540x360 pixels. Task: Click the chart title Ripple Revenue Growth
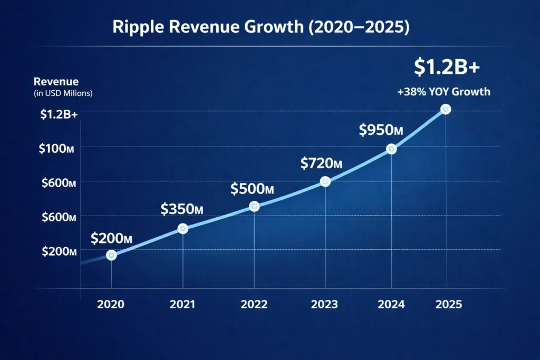coord(261,28)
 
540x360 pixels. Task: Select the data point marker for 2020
coord(111,255)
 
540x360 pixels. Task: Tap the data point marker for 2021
coord(183,229)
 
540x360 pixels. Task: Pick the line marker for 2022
coord(254,207)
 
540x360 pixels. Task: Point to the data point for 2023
coord(325,181)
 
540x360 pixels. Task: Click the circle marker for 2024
coord(391,149)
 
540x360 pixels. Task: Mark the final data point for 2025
coord(446,109)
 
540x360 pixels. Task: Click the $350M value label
coord(182,209)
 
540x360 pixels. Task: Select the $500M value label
coord(252,189)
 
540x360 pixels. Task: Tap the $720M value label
coord(322,163)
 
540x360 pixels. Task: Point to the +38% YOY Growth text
coord(443,92)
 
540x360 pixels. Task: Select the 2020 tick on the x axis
coord(111,305)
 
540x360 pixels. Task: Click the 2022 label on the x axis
coord(254,305)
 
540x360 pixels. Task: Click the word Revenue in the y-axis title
coord(56,82)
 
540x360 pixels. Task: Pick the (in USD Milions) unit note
coord(63,93)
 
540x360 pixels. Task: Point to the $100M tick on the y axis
coord(56,149)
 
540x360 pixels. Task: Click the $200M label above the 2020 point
coord(111,238)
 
